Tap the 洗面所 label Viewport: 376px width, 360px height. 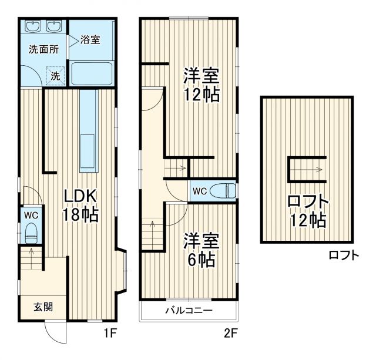click(44, 49)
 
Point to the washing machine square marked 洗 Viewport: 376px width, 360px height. click(55, 75)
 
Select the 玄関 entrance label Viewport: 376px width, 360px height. click(42, 305)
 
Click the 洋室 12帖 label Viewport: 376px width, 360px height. click(201, 85)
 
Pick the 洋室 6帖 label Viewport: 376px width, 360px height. click(201, 249)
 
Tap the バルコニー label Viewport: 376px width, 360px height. click(188, 311)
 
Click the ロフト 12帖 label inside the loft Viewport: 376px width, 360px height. click(307, 211)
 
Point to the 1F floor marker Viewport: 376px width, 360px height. click(111, 334)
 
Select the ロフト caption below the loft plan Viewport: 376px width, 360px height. click(344, 255)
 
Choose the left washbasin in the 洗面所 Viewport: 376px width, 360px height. click(32, 27)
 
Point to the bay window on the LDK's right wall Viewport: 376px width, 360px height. click(122, 271)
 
